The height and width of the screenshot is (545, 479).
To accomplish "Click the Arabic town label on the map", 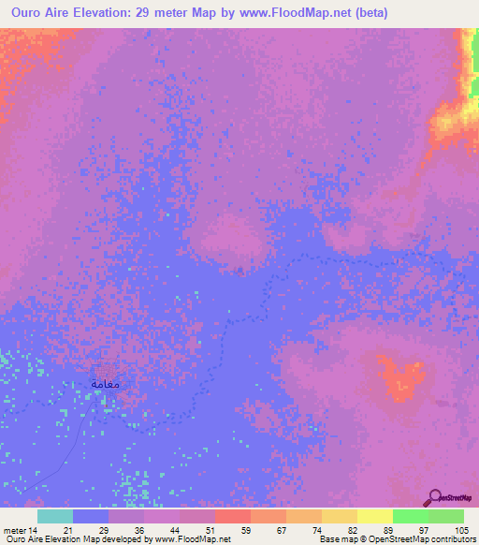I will click(106, 384).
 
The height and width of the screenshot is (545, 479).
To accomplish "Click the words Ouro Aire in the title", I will click(39, 12).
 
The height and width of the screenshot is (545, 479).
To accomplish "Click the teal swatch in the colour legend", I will click(55, 517).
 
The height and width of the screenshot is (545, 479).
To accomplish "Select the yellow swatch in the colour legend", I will click(375, 517).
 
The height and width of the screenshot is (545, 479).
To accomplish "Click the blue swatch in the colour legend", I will click(91, 517).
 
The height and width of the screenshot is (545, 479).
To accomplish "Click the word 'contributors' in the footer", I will click(449, 539).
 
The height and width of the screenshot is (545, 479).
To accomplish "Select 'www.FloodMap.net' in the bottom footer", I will click(194, 539).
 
